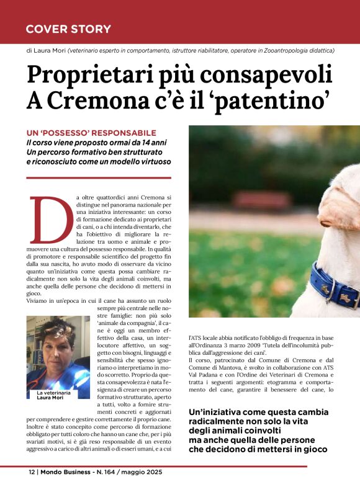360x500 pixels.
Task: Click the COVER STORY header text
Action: pyautogui.click(x=68, y=29)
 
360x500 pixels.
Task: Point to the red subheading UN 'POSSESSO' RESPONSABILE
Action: pyautogui.click(x=91, y=133)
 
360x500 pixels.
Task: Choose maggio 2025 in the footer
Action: pyautogui.click(x=145, y=472)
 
